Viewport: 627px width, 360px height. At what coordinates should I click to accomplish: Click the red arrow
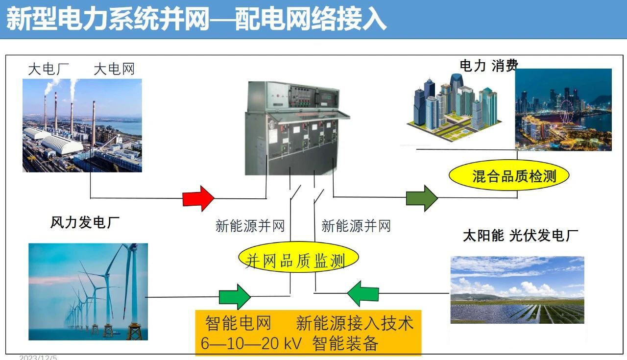(x=198, y=198)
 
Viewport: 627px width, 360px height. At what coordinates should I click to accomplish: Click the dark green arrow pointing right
(x=422, y=198)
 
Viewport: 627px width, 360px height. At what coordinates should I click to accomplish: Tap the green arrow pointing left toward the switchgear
(x=363, y=293)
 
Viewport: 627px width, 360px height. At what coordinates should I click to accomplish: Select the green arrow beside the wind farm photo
(x=235, y=297)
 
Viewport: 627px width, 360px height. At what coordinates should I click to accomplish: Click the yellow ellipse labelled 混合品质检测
(x=509, y=175)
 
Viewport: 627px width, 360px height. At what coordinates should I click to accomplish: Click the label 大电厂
(x=48, y=69)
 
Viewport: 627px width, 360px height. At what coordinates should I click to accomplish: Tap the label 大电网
(x=114, y=69)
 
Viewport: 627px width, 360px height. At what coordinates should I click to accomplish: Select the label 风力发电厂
(x=85, y=222)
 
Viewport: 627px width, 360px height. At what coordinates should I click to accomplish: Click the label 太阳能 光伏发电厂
(x=521, y=235)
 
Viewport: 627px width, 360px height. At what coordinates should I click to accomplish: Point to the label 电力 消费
(x=489, y=66)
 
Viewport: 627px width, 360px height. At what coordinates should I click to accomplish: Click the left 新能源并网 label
(x=250, y=226)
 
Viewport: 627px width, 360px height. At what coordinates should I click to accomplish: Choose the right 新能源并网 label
(x=356, y=226)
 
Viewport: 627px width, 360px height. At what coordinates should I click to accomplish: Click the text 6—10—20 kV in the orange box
(x=251, y=343)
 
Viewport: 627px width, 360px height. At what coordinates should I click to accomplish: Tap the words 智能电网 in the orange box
(x=238, y=323)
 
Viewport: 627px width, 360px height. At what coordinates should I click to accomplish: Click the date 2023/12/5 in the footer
(x=38, y=358)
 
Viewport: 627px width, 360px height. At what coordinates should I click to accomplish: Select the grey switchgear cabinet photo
(x=297, y=128)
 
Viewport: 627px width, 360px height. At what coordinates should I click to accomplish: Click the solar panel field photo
(x=517, y=290)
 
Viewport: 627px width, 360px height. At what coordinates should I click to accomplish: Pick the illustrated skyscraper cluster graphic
(x=454, y=107)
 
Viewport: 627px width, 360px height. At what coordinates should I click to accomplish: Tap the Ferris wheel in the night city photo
(x=566, y=112)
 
